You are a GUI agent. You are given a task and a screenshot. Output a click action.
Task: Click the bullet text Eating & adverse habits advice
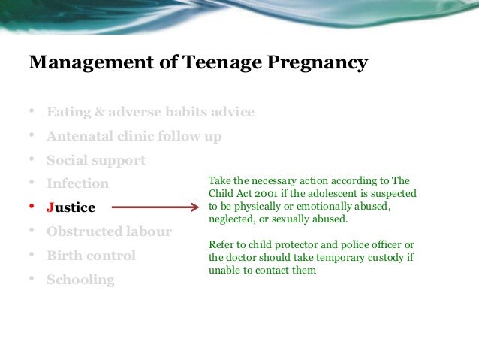pyautogui.click(x=150, y=113)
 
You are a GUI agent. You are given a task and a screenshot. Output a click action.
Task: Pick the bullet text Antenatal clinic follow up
pyautogui.click(x=134, y=137)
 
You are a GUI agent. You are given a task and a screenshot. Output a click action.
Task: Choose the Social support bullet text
pyautogui.click(x=96, y=160)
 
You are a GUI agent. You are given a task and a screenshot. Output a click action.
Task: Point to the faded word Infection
pyautogui.click(x=77, y=183)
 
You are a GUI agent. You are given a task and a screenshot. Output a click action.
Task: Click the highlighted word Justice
pyautogui.click(x=71, y=207)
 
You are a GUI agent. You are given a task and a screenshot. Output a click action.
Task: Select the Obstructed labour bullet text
pyautogui.click(x=109, y=231)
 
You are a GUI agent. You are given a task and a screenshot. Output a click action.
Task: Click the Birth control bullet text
pyautogui.click(x=91, y=256)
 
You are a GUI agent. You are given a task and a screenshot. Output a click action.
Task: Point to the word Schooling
pyautogui.click(x=80, y=280)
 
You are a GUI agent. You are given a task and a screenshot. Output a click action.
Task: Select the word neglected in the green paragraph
pyautogui.click(x=231, y=219)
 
